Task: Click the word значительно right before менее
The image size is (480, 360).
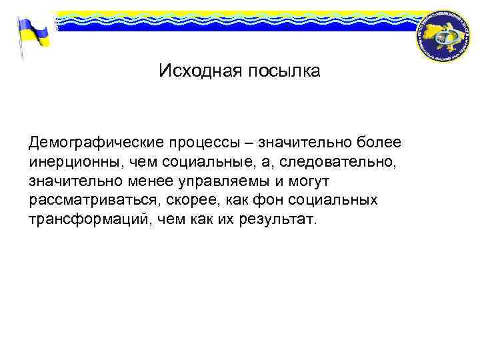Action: click(x=67, y=182)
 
